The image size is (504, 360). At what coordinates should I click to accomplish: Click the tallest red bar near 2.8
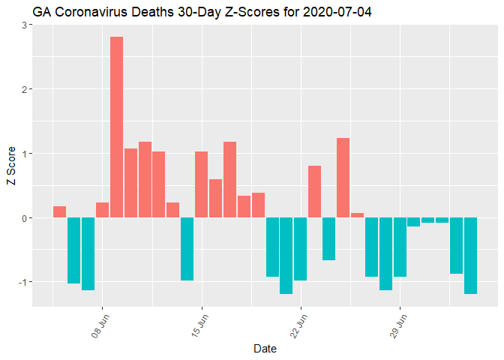click(x=116, y=127)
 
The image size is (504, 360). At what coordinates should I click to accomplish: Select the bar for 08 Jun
click(x=102, y=210)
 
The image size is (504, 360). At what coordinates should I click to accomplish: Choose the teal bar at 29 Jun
click(x=400, y=247)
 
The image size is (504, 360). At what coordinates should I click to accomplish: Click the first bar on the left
click(x=59, y=212)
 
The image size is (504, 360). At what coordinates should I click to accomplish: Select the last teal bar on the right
click(x=470, y=255)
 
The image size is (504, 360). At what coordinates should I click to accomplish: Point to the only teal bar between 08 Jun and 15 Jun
click(x=187, y=249)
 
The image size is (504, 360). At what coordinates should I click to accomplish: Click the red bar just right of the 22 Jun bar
click(x=315, y=192)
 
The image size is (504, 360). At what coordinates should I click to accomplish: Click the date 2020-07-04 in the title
click(x=334, y=12)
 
